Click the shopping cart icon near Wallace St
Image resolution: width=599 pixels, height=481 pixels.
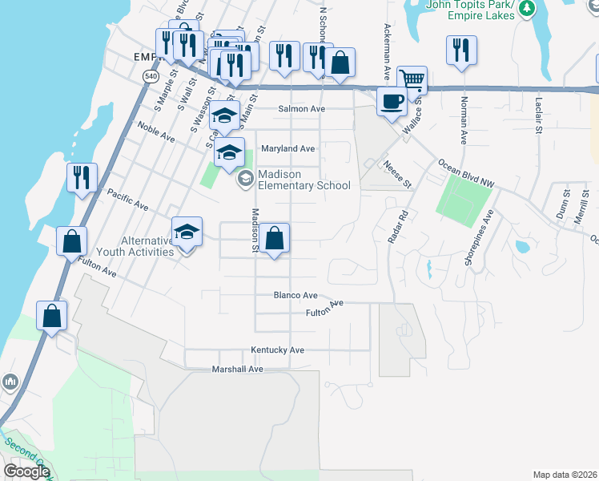coord(412,79)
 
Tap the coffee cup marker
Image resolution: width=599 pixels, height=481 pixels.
coord(392,102)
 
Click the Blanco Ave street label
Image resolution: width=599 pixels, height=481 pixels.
coord(295,294)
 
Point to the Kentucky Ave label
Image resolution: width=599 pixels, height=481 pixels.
coord(277,350)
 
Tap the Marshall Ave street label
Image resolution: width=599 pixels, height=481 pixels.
coord(237,369)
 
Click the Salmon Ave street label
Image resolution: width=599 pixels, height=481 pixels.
coord(301,108)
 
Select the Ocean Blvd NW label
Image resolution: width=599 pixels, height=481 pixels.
coord(465,174)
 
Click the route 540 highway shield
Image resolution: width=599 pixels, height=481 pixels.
coord(151,75)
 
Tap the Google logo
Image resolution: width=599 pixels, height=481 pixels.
coord(26,471)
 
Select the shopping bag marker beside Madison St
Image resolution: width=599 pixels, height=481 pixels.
coord(274,238)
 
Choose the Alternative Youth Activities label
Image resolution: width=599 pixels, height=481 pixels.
coord(135,246)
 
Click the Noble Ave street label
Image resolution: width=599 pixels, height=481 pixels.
coord(155,132)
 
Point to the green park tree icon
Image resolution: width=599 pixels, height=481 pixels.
coord(526,9)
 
